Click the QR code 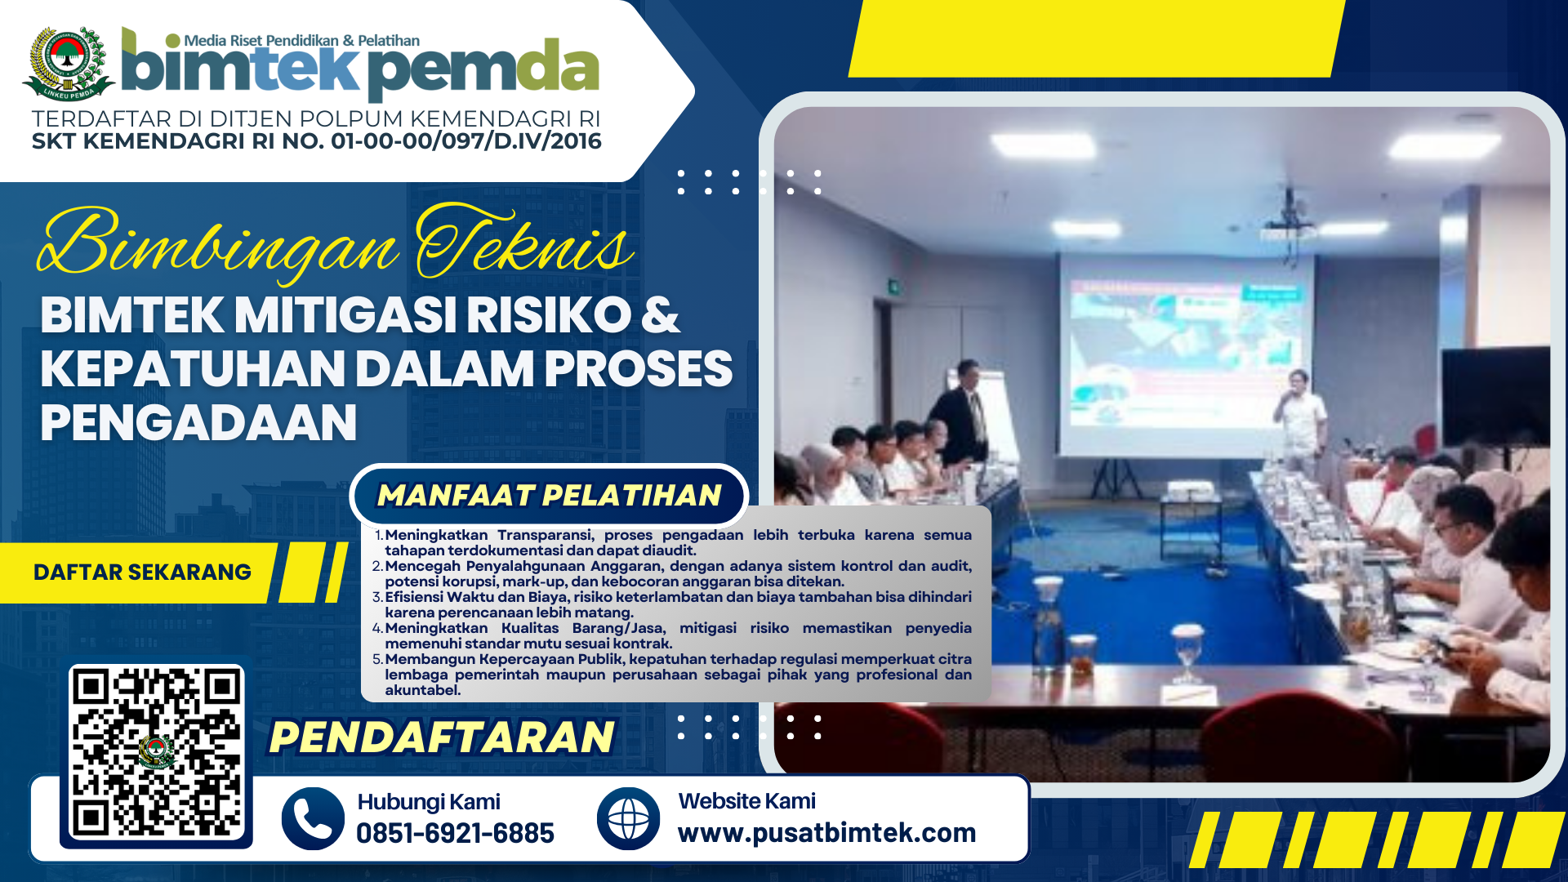click(157, 754)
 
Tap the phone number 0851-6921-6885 click(455, 833)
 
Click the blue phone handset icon click(313, 818)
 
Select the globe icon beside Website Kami click(628, 818)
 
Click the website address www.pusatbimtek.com click(826, 833)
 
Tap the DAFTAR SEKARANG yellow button click(142, 572)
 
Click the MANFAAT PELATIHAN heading click(550, 495)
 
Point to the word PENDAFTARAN click(442, 737)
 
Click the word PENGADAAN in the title click(198, 422)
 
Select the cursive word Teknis click(524, 243)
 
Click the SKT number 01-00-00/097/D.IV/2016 click(466, 141)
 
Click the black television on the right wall click(1495, 397)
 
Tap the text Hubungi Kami click(429, 802)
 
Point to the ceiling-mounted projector click(1288, 225)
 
